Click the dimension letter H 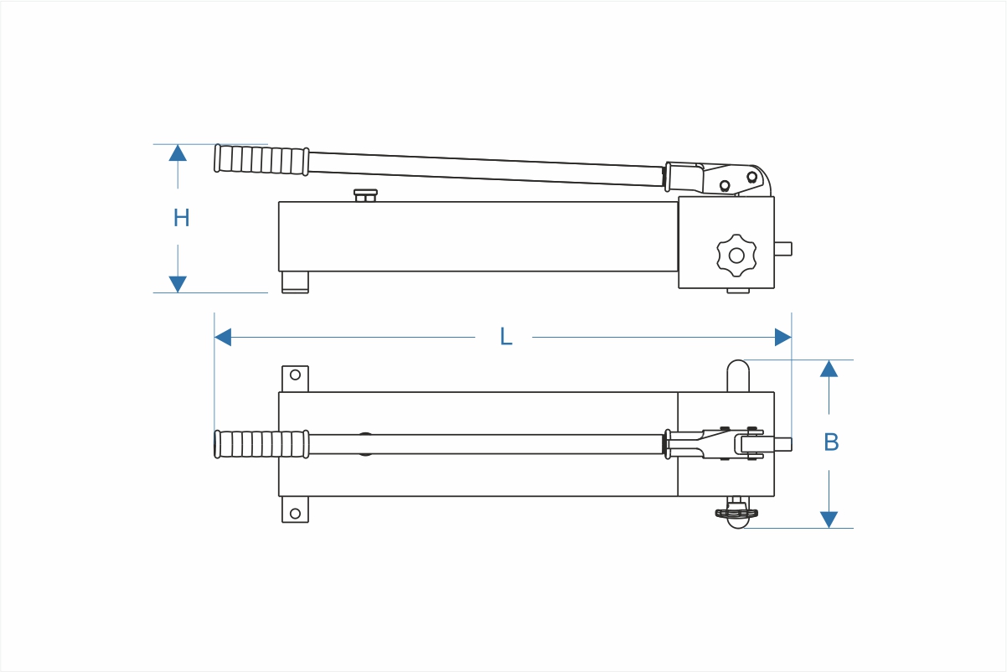[181, 218]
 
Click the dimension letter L [505, 337]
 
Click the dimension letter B [830, 442]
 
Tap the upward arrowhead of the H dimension [178, 153]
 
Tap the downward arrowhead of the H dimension [178, 284]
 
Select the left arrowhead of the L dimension [223, 337]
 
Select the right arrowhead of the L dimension [782, 337]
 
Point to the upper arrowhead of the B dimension [829, 369]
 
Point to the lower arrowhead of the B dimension [829, 520]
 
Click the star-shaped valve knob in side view [736, 255]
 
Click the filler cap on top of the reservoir [365, 195]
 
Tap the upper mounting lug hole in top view [295, 375]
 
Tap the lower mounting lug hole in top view [295, 513]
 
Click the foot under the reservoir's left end [295, 282]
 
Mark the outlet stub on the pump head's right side [782, 248]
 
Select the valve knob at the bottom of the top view [736, 514]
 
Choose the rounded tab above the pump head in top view [737, 375]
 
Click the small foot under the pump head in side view [737, 291]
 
